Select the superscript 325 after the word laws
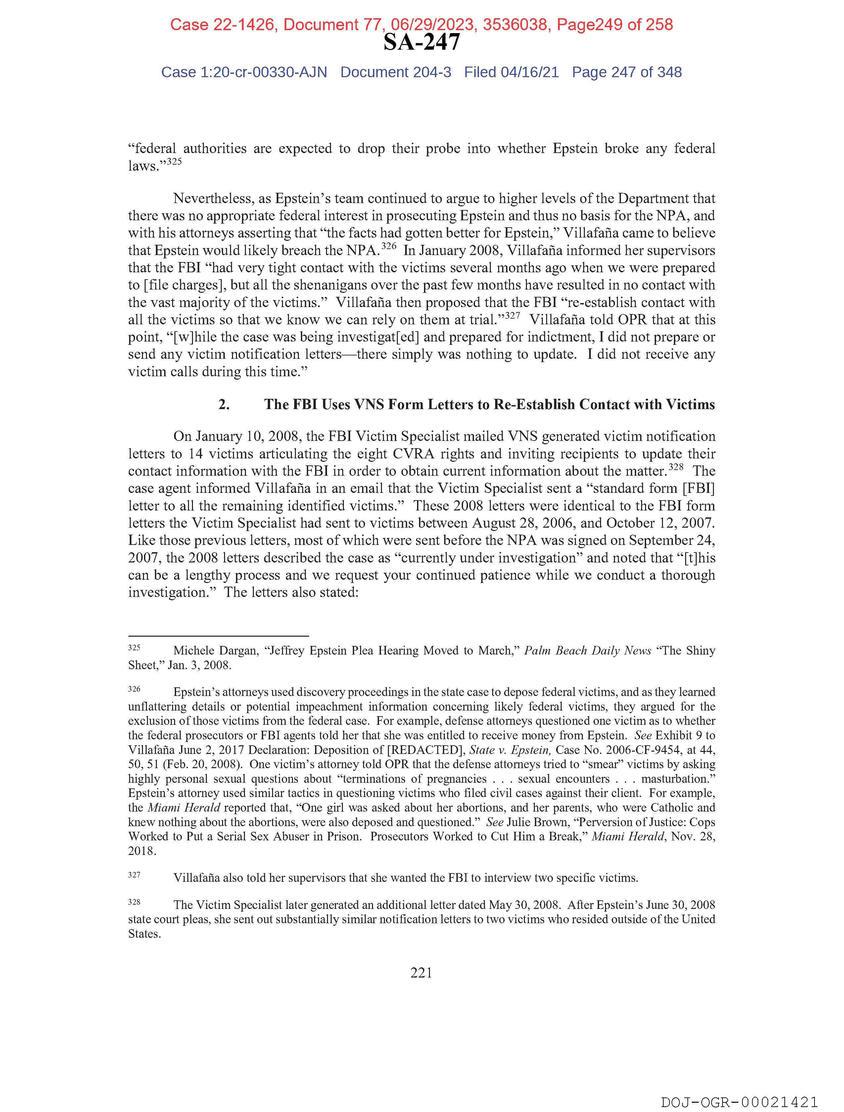click(x=174, y=162)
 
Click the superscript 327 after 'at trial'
click(x=512, y=316)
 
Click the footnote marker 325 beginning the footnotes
click(x=134, y=648)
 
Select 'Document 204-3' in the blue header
click(x=396, y=73)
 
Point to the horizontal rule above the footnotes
click(x=218, y=636)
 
